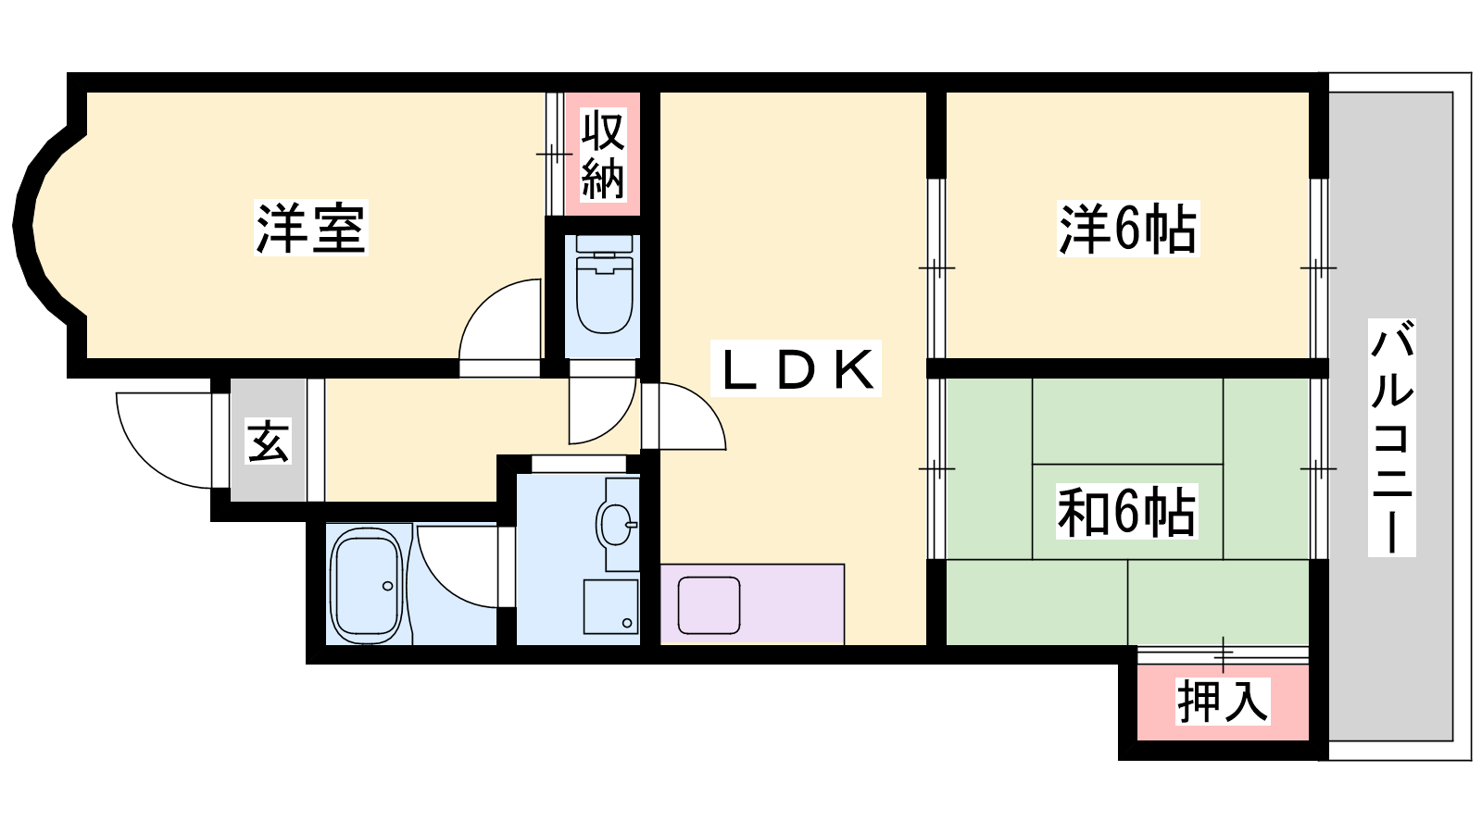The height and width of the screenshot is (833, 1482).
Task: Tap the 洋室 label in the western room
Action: coord(310,228)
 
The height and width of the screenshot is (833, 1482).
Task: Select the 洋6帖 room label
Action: coord(1127,229)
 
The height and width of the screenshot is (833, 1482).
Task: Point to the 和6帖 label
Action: coord(1126,512)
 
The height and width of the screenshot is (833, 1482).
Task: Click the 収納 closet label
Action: coord(602,155)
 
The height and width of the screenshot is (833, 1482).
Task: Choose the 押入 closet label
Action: coord(1222,701)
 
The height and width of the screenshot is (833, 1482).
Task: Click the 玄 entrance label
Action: coord(268,441)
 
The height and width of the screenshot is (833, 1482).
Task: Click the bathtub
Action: coord(367,585)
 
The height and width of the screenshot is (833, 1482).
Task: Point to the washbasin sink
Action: coord(617,525)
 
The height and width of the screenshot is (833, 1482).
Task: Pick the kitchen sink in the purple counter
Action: coord(709,605)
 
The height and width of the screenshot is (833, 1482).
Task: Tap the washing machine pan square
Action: coord(610,606)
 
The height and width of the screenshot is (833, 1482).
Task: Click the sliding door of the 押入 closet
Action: coord(1223,654)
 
